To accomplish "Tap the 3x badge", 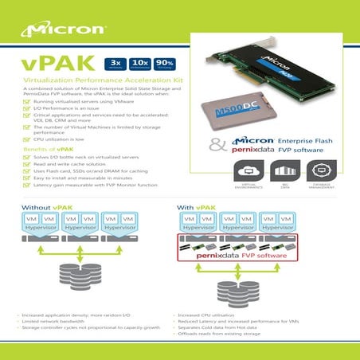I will coord(116,61).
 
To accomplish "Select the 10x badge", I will coord(139,61).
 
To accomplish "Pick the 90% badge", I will coord(165,61).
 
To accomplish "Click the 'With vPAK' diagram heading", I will coord(196,206).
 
